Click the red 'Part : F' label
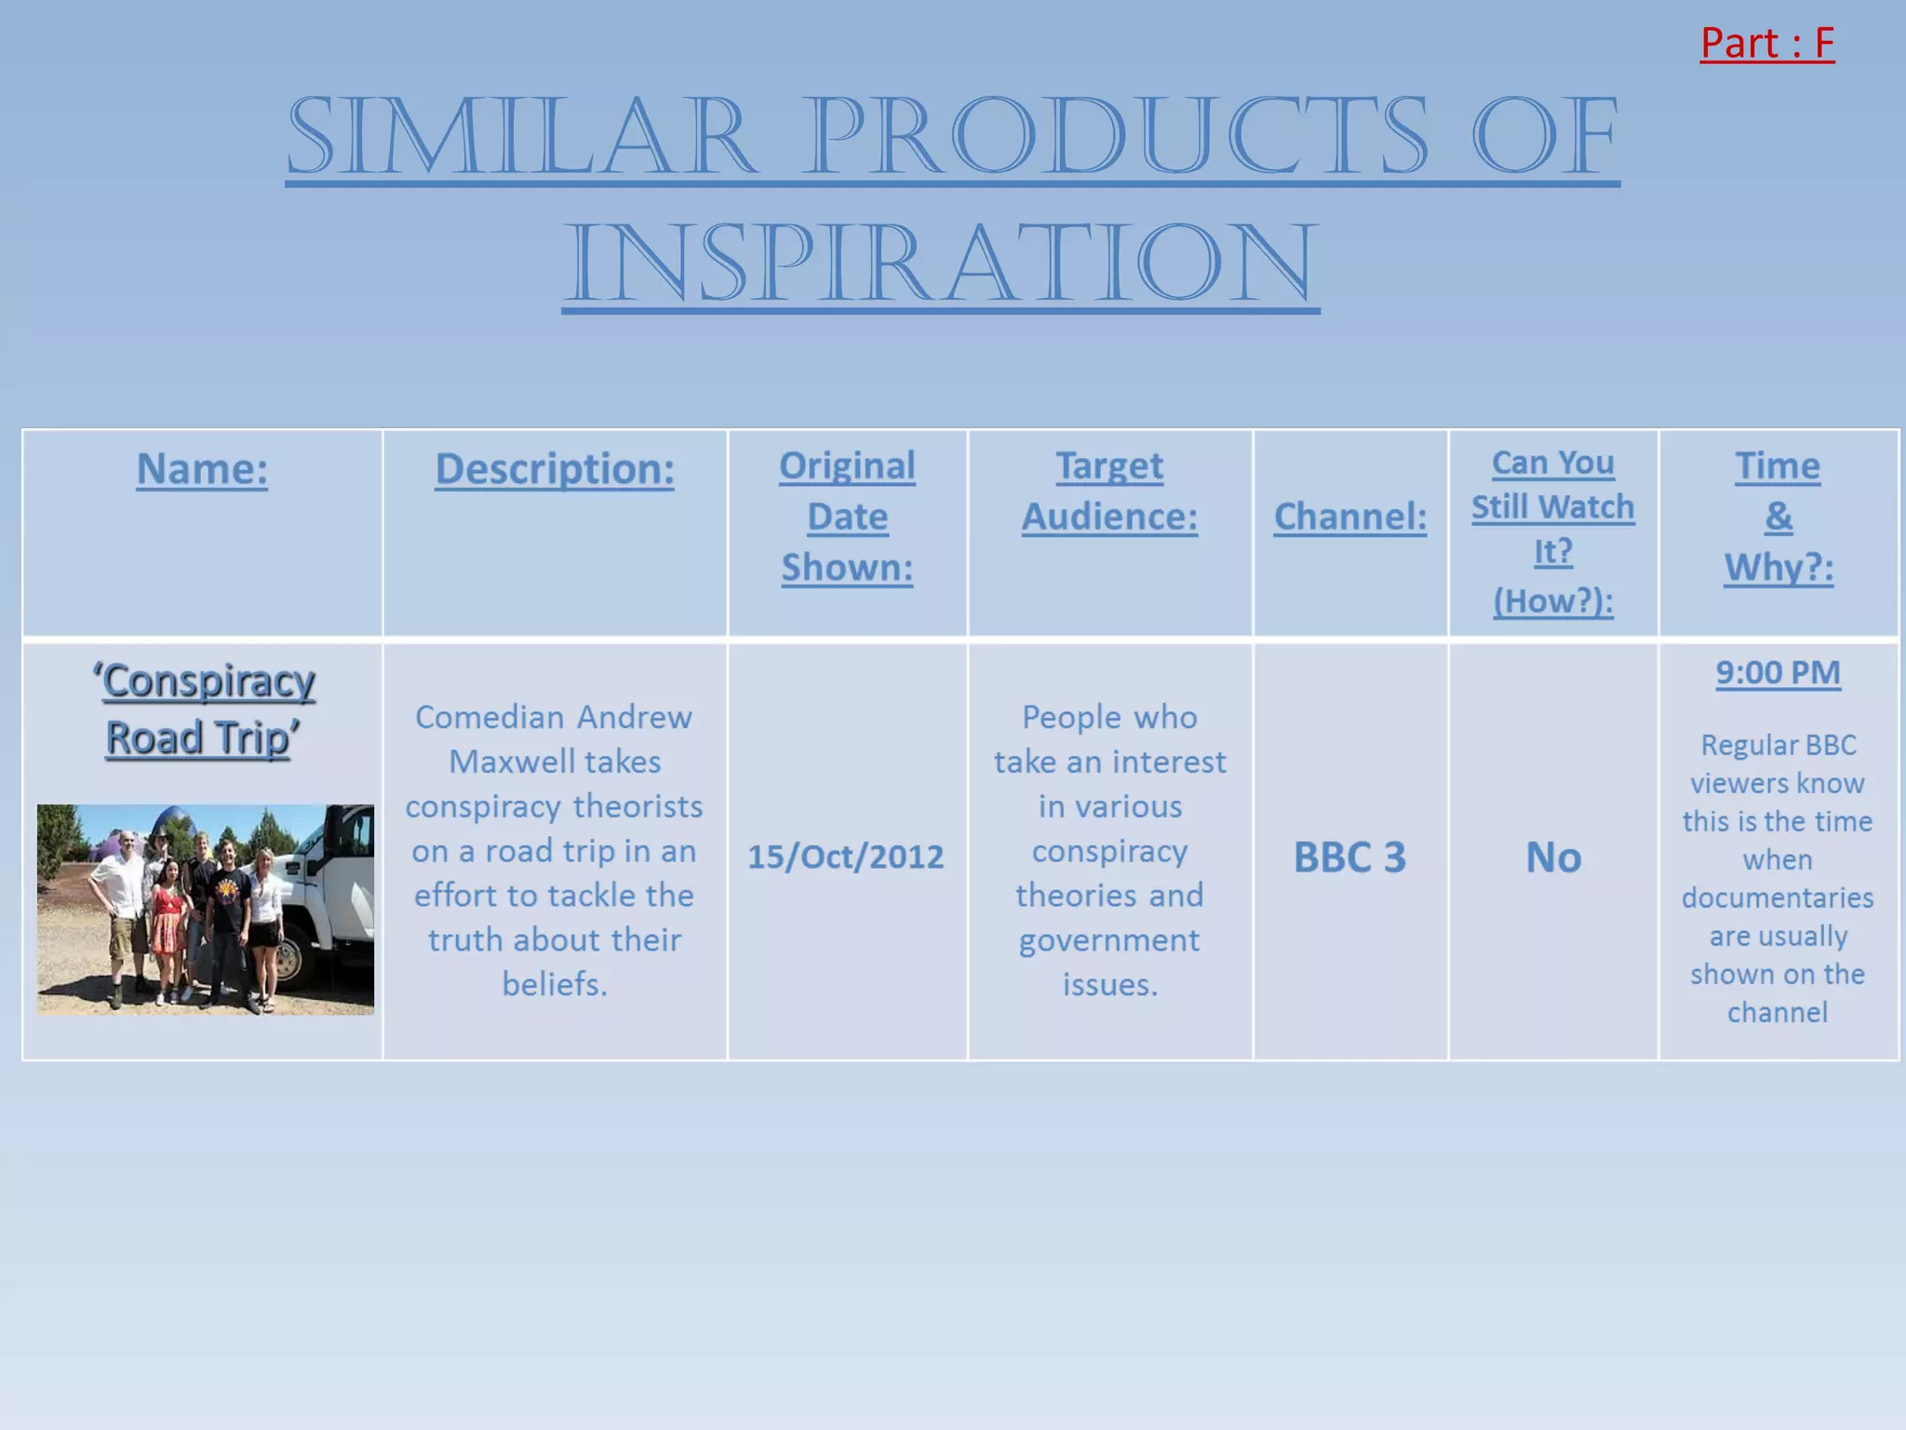click(1766, 44)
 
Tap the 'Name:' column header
click(202, 468)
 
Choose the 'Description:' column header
click(555, 468)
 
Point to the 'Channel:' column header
click(1349, 517)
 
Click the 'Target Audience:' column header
click(1109, 492)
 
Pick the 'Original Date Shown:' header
click(847, 517)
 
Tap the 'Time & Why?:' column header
click(1778, 517)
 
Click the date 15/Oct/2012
click(845, 857)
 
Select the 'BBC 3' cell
click(1349, 857)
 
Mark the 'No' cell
click(1552, 857)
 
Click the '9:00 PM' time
click(1778, 673)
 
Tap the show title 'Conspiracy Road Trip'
click(204, 709)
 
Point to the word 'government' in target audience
click(1109, 940)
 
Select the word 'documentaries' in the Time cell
click(1778, 897)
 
